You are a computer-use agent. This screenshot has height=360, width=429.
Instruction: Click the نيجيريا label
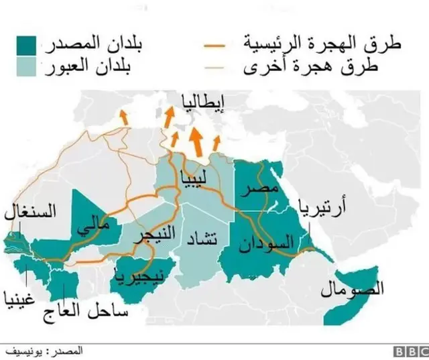tap(138, 274)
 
